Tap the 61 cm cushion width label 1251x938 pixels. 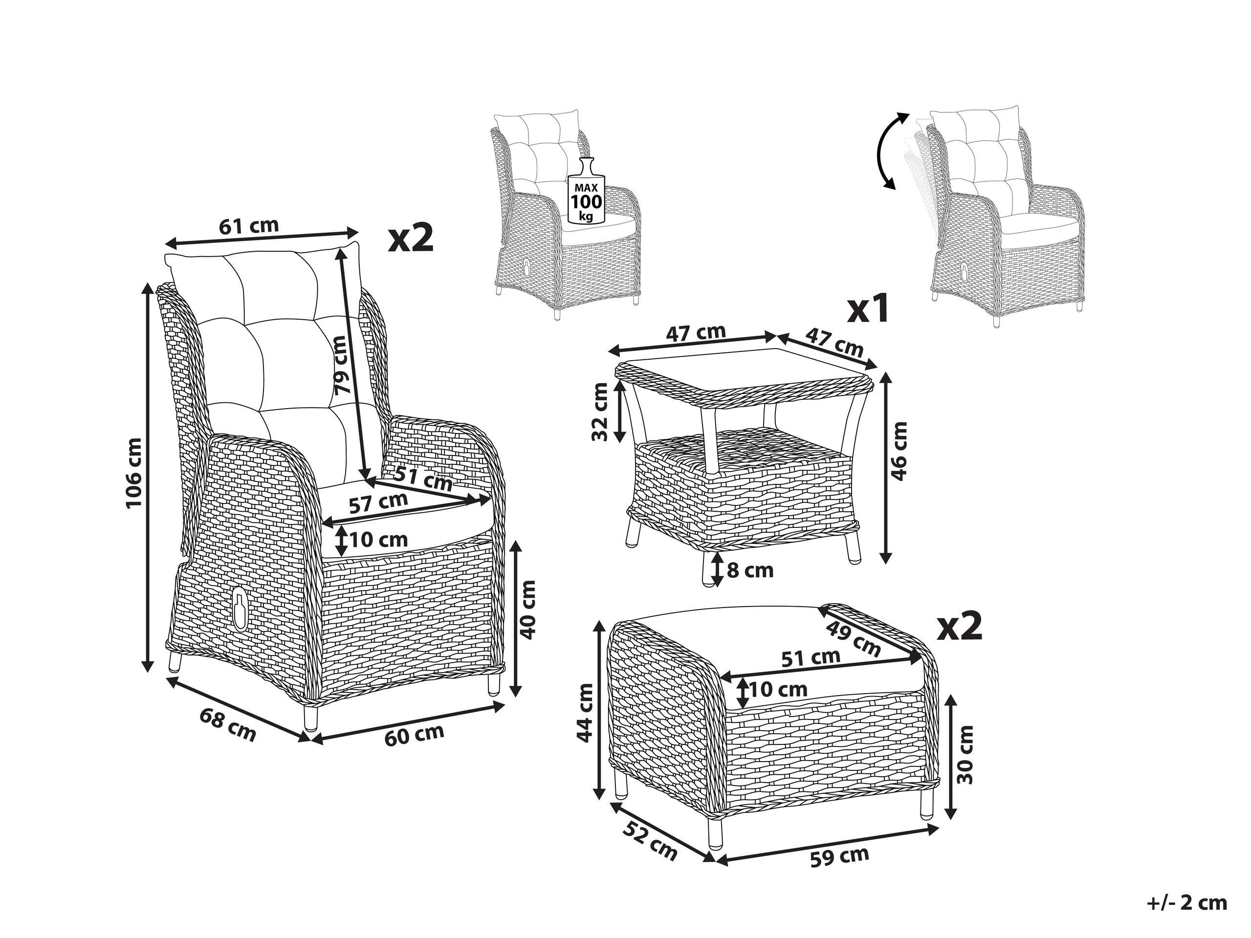pos(249,226)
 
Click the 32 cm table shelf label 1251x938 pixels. pos(599,411)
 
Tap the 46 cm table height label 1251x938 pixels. pos(898,451)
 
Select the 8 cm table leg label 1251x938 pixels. pos(750,570)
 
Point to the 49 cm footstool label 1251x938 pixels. pos(853,638)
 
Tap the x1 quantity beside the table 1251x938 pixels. pos(868,309)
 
